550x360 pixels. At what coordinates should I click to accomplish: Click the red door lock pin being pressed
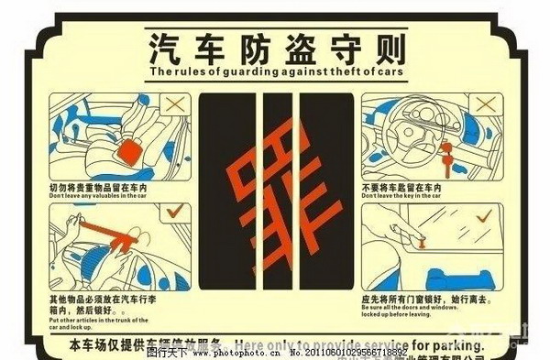click(x=423, y=244)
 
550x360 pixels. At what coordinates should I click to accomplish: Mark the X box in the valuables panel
click(x=171, y=106)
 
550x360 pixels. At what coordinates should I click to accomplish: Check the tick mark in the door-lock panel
click(x=484, y=217)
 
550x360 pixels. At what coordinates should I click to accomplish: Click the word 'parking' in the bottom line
click(x=455, y=346)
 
